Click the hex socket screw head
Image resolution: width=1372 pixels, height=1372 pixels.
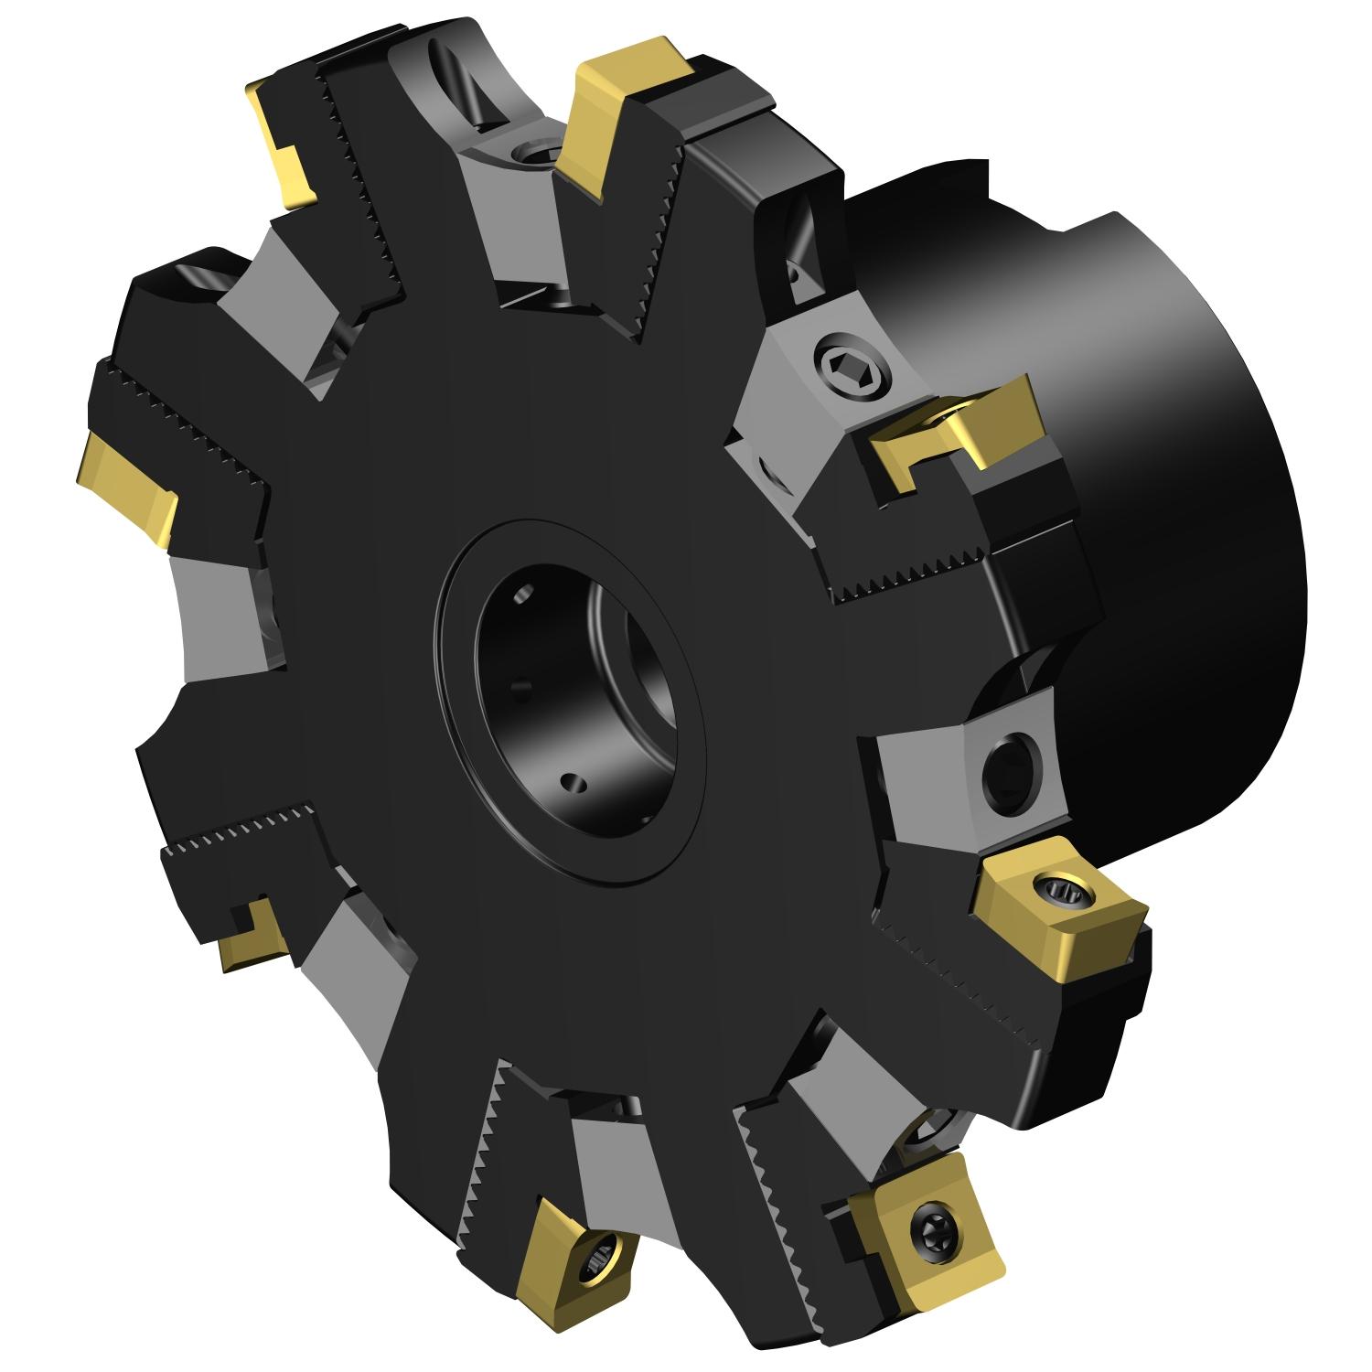pos(850,368)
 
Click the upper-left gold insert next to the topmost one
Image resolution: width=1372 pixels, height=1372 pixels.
pos(284,137)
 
